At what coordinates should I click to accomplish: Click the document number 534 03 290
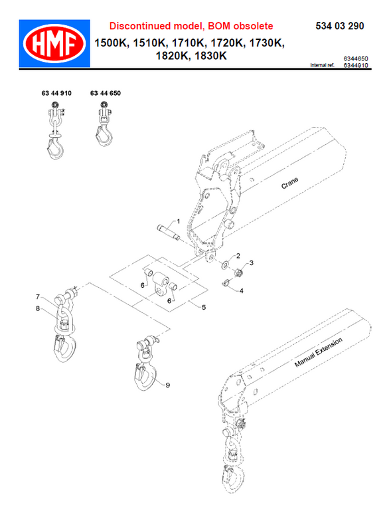click(338, 26)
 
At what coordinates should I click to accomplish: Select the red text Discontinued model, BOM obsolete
click(191, 26)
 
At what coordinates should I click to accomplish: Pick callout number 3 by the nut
click(251, 262)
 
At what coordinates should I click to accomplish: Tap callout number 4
click(241, 290)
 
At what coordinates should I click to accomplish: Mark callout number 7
click(38, 296)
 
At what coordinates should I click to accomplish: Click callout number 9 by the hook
click(167, 385)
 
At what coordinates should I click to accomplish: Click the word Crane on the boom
click(289, 183)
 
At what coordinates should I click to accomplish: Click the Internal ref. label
click(323, 66)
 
